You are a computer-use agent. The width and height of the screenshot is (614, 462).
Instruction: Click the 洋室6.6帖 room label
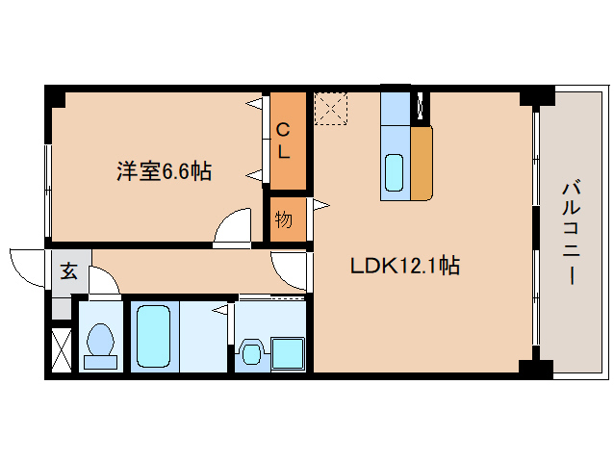pyautogui.click(x=164, y=172)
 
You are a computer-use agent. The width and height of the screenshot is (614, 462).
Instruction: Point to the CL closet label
pyautogui.click(x=285, y=141)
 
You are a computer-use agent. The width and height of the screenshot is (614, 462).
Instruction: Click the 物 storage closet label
pyautogui.click(x=284, y=218)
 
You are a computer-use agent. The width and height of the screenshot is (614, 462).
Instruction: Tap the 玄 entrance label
pyautogui.click(x=69, y=270)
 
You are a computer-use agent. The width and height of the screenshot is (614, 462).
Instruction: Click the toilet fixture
pyautogui.click(x=100, y=345)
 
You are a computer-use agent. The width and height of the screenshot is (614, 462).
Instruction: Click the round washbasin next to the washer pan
pyautogui.click(x=251, y=353)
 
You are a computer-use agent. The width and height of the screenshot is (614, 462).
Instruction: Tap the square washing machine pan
pyautogui.click(x=286, y=353)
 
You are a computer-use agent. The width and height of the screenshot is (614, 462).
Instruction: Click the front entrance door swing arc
pyautogui.click(x=27, y=265)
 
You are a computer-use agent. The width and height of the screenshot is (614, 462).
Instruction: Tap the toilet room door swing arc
pyautogui.click(x=104, y=280)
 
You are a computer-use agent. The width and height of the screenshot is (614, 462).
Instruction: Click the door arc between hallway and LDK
pyautogui.click(x=289, y=269)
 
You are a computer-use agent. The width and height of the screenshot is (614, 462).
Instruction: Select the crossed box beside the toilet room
pyautogui.click(x=60, y=350)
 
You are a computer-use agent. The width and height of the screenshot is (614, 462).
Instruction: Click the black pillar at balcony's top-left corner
pyautogui.click(x=537, y=96)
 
